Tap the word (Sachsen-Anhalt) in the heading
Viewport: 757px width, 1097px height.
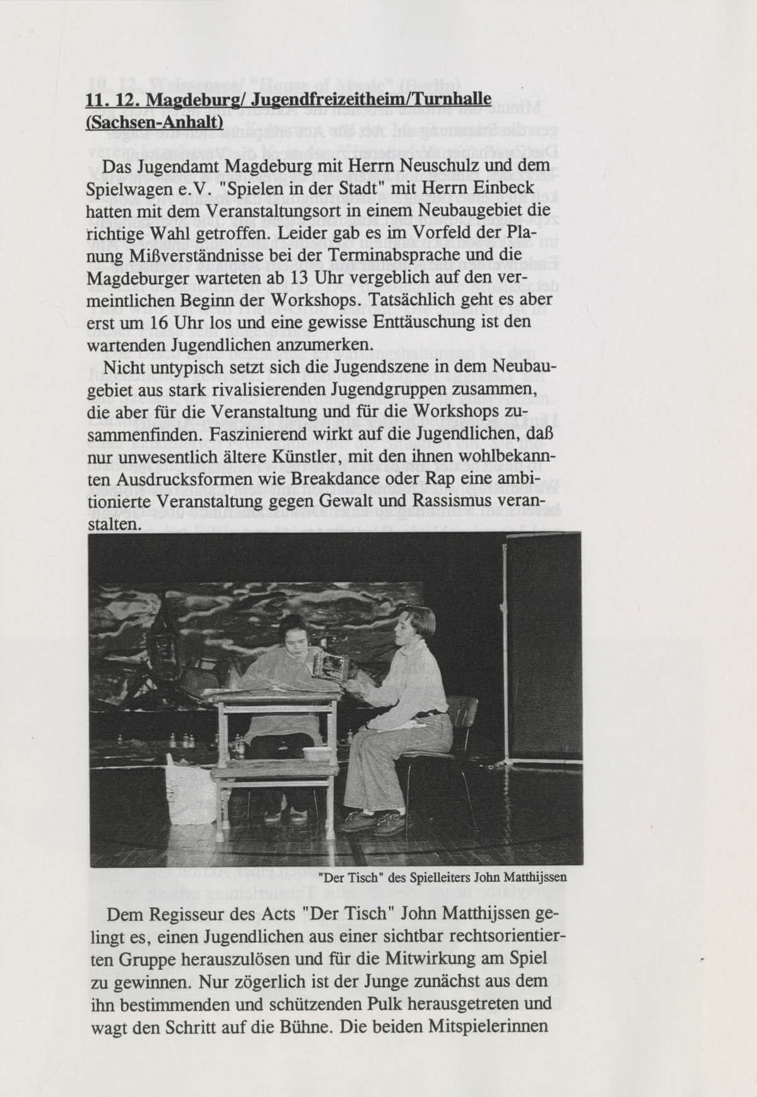154,121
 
